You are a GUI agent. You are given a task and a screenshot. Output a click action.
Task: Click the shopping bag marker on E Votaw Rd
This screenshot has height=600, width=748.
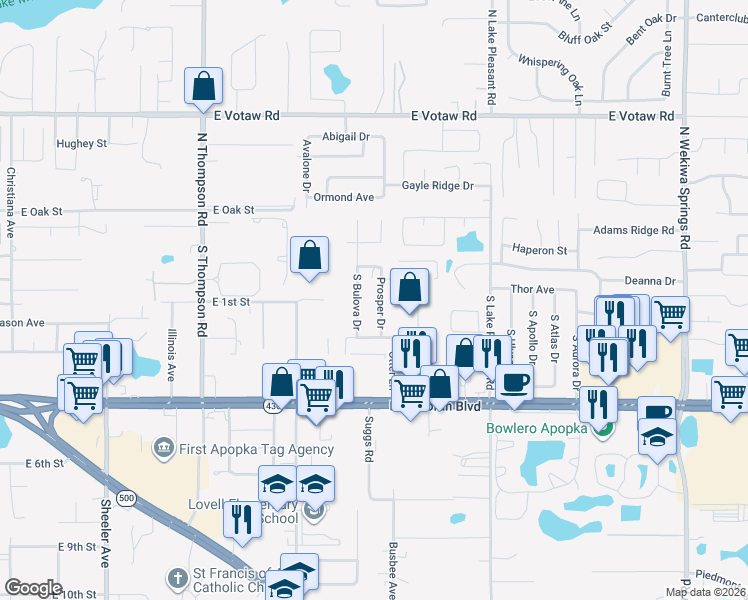tap(203, 88)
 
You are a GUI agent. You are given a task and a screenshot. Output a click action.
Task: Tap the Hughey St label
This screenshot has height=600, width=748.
tap(82, 144)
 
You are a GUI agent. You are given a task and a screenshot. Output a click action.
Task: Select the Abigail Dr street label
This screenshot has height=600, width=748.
tap(346, 137)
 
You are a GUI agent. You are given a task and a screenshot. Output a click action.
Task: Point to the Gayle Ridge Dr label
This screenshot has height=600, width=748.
tap(437, 186)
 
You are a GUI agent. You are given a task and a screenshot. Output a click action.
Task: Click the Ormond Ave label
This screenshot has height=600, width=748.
tap(343, 197)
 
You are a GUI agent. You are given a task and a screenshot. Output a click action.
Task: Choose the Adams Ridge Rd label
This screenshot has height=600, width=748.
tap(633, 230)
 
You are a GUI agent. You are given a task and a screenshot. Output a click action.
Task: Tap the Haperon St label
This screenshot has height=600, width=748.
tap(539, 250)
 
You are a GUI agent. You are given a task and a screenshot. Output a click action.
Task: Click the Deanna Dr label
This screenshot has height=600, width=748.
tap(650, 282)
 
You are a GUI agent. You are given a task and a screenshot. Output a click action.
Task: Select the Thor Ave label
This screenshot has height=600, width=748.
tap(532, 289)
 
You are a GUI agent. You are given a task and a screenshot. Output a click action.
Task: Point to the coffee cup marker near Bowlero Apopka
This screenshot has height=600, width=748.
tap(515, 382)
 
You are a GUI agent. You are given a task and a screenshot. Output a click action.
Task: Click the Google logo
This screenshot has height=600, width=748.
tap(34, 588)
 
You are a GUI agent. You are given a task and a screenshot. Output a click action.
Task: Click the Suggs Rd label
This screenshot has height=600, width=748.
tap(368, 439)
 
